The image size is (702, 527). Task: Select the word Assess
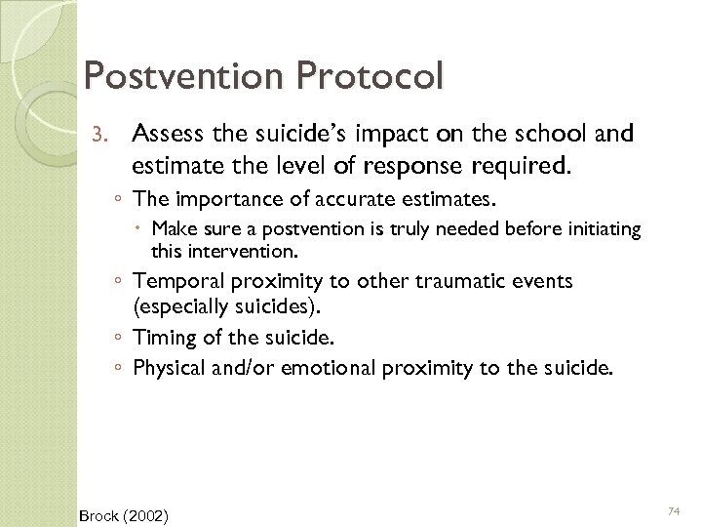click(x=166, y=135)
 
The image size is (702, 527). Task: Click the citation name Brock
click(x=98, y=513)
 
